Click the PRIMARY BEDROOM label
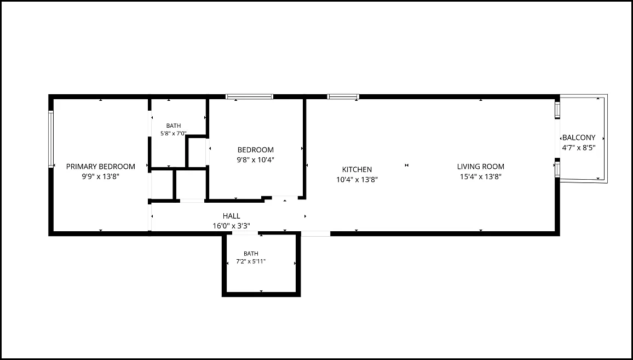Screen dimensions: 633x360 click(x=101, y=167)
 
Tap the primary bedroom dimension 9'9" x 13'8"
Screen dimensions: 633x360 click(x=101, y=176)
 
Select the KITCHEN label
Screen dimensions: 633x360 click(x=357, y=170)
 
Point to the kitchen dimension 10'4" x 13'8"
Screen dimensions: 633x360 click(x=357, y=180)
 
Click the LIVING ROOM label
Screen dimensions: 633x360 click(x=480, y=167)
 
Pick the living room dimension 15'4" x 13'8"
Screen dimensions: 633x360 click(x=480, y=176)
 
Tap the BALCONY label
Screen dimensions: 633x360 click(x=579, y=138)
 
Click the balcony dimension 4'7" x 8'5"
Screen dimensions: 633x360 click(x=579, y=148)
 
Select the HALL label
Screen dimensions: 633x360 click(x=231, y=216)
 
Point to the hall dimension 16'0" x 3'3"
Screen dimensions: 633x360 click(x=231, y=226)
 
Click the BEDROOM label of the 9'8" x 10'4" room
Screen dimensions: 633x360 click(x=256, y=150)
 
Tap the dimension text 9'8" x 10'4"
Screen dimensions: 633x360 click(x=256, y=160)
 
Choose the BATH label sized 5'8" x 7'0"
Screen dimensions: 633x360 click(x=174, y=125)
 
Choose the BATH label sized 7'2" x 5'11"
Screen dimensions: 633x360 click(x=251, y=254)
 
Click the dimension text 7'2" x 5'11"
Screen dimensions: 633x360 click(x=251, y=261)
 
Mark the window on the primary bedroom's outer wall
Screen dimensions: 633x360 click(x=51, y=139)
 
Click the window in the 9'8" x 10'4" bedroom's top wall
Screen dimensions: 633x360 click(x=250, y=96)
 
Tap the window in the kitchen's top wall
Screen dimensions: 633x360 click(x=343, y=96)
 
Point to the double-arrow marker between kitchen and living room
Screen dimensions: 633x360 click(x=406, y=165)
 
